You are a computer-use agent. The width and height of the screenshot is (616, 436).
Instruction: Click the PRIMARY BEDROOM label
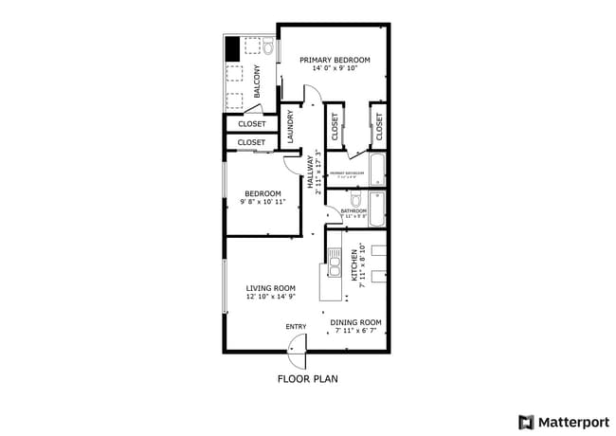(x=335, y=60)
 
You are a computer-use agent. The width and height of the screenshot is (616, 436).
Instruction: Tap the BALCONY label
(x=257, y=80)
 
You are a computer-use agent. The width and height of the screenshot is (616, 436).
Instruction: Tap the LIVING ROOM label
(x=271, y=288)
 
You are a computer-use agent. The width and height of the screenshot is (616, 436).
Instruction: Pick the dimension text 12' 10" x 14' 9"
(x=271, y=298)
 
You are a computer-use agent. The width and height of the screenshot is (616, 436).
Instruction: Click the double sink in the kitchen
(x=335, y=263)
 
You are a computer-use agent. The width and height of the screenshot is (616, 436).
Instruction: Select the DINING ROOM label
(x=355, y=321)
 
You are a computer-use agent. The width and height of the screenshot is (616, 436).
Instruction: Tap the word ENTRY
(x=296, y=327)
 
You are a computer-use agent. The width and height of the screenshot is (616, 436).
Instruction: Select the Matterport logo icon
(x=525, y=421)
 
